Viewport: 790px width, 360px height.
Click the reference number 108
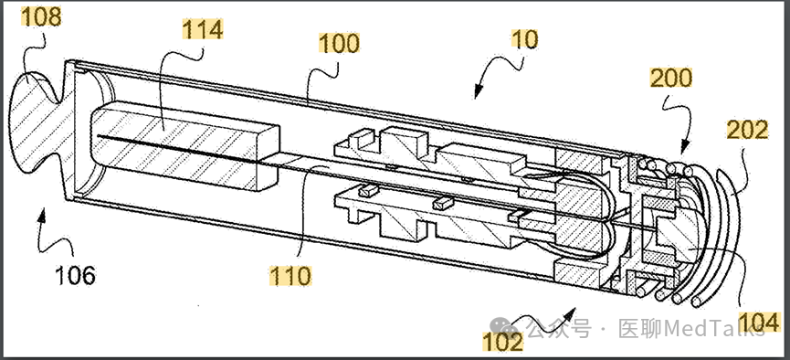41,17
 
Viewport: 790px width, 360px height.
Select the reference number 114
202,29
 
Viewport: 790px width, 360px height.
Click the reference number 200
671,79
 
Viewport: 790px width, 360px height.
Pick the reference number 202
748,131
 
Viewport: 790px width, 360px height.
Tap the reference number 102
503,343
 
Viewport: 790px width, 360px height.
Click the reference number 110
290,276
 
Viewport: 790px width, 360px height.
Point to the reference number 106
74,276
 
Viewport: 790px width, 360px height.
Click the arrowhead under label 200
684,148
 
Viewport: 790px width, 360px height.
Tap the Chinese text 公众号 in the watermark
559,329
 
